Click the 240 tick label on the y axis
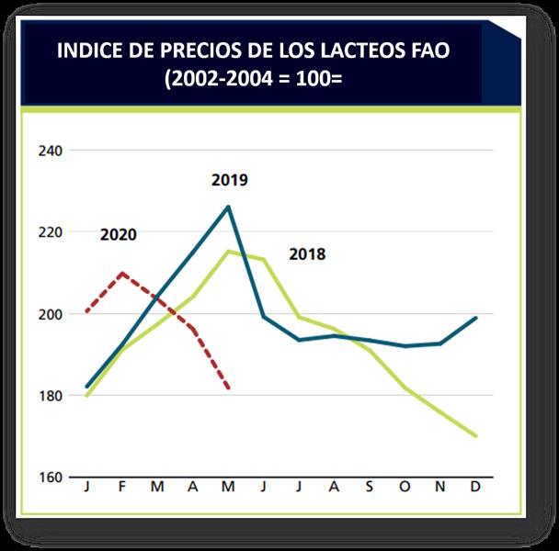49,150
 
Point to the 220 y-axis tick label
49,232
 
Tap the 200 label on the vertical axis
49,314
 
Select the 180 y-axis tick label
49,396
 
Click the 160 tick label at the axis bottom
49,478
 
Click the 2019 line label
229,180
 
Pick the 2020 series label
118,234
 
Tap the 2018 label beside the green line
307,254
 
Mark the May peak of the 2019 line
228,207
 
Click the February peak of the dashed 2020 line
122,273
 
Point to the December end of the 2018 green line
475,436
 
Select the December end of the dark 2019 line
475,318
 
